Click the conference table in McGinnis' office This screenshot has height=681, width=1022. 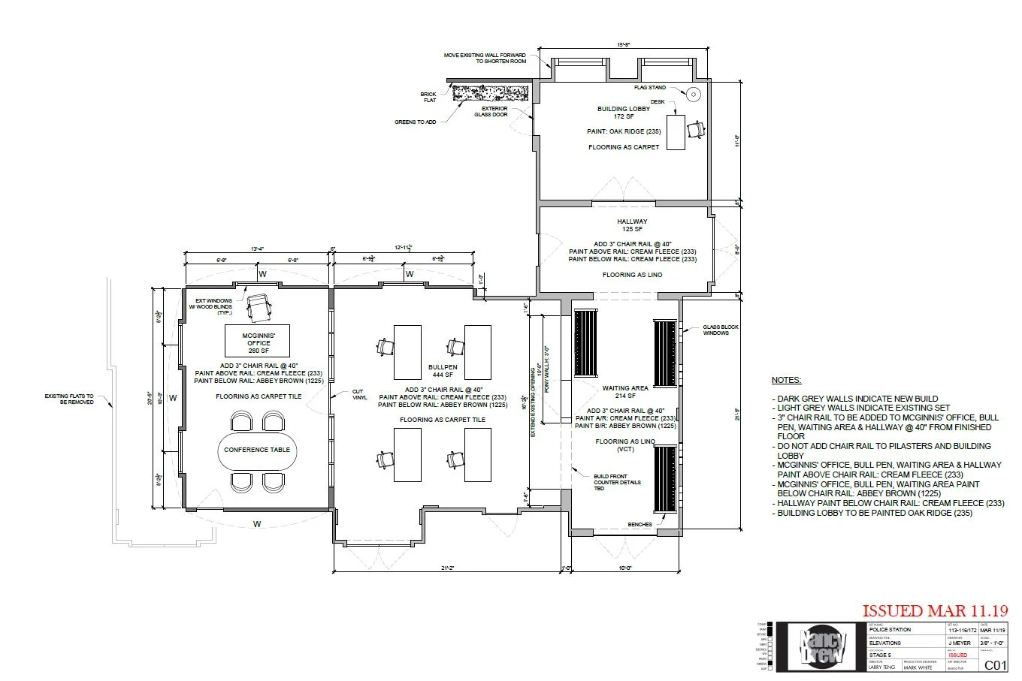click(x=257, y=450)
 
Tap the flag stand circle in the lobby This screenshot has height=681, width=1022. click(x=694, y=94)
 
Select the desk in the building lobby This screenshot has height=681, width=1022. click(x=675, y=131)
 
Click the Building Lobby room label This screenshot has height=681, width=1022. click(x=623, y=113)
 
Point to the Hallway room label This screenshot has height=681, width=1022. click(x=632, y=225)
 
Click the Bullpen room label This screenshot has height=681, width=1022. click(x=442, y=371)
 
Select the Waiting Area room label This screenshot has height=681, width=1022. click(x=624, y=392)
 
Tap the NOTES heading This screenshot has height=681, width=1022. click(x=786, y=381)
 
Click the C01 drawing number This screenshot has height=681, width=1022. click(x=995, y=664)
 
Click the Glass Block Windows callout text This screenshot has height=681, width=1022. click(x=720, y=330)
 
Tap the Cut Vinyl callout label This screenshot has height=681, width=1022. click(x=360, y=393)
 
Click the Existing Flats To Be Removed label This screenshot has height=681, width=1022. click(x=69, y=399)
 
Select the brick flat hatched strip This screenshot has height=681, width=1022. click(x=491, y=92)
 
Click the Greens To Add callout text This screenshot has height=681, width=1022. click(x=415, y=122)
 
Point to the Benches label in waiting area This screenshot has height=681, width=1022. click(x=640, y=525)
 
